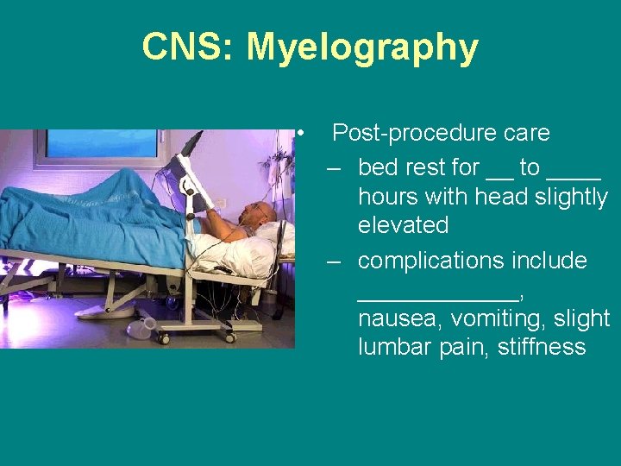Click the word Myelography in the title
[362, 47]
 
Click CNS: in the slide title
[189, 47]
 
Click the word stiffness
[542, 348]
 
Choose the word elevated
[403, 226]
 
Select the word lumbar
[395, 348]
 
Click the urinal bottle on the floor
[141, 327]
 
